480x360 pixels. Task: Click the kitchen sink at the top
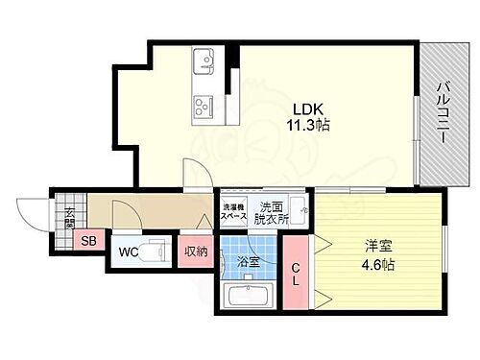(x=204, y=62)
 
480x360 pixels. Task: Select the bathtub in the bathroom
(x=246, y=295)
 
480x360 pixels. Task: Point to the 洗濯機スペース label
(x=234, y=212)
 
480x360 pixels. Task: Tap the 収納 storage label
(x=196, y=253)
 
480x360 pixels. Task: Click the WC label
(x=128, y=253)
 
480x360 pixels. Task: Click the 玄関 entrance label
(x=70, y=216)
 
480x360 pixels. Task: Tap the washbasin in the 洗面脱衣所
(x=299, y=212)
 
